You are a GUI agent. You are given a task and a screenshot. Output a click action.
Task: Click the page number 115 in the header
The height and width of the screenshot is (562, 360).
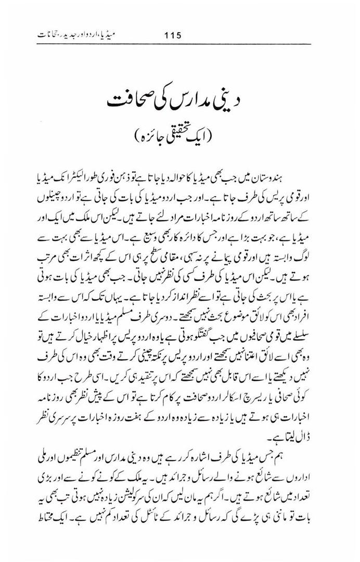pos(171,36)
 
